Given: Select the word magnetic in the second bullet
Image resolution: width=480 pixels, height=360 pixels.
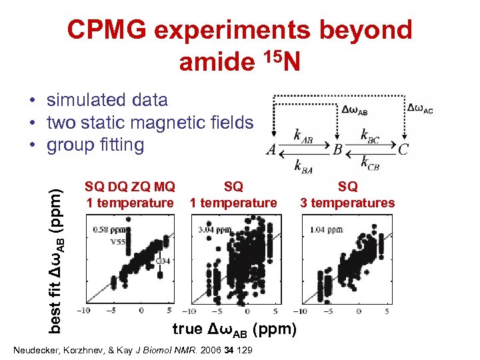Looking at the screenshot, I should pos(179,123).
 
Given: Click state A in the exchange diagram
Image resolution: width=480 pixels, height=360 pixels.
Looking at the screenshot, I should pos(271,149).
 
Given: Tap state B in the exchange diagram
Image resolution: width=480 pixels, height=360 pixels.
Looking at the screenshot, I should pos(337,149).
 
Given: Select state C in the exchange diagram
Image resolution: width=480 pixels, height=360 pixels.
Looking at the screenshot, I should pos(403,149).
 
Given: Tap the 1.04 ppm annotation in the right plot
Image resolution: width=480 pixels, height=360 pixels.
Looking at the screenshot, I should pos(325,230).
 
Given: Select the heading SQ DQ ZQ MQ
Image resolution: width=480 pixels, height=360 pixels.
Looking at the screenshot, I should pos(130,187).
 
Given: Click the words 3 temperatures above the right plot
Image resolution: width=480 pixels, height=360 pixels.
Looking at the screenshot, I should pos(347,203).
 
